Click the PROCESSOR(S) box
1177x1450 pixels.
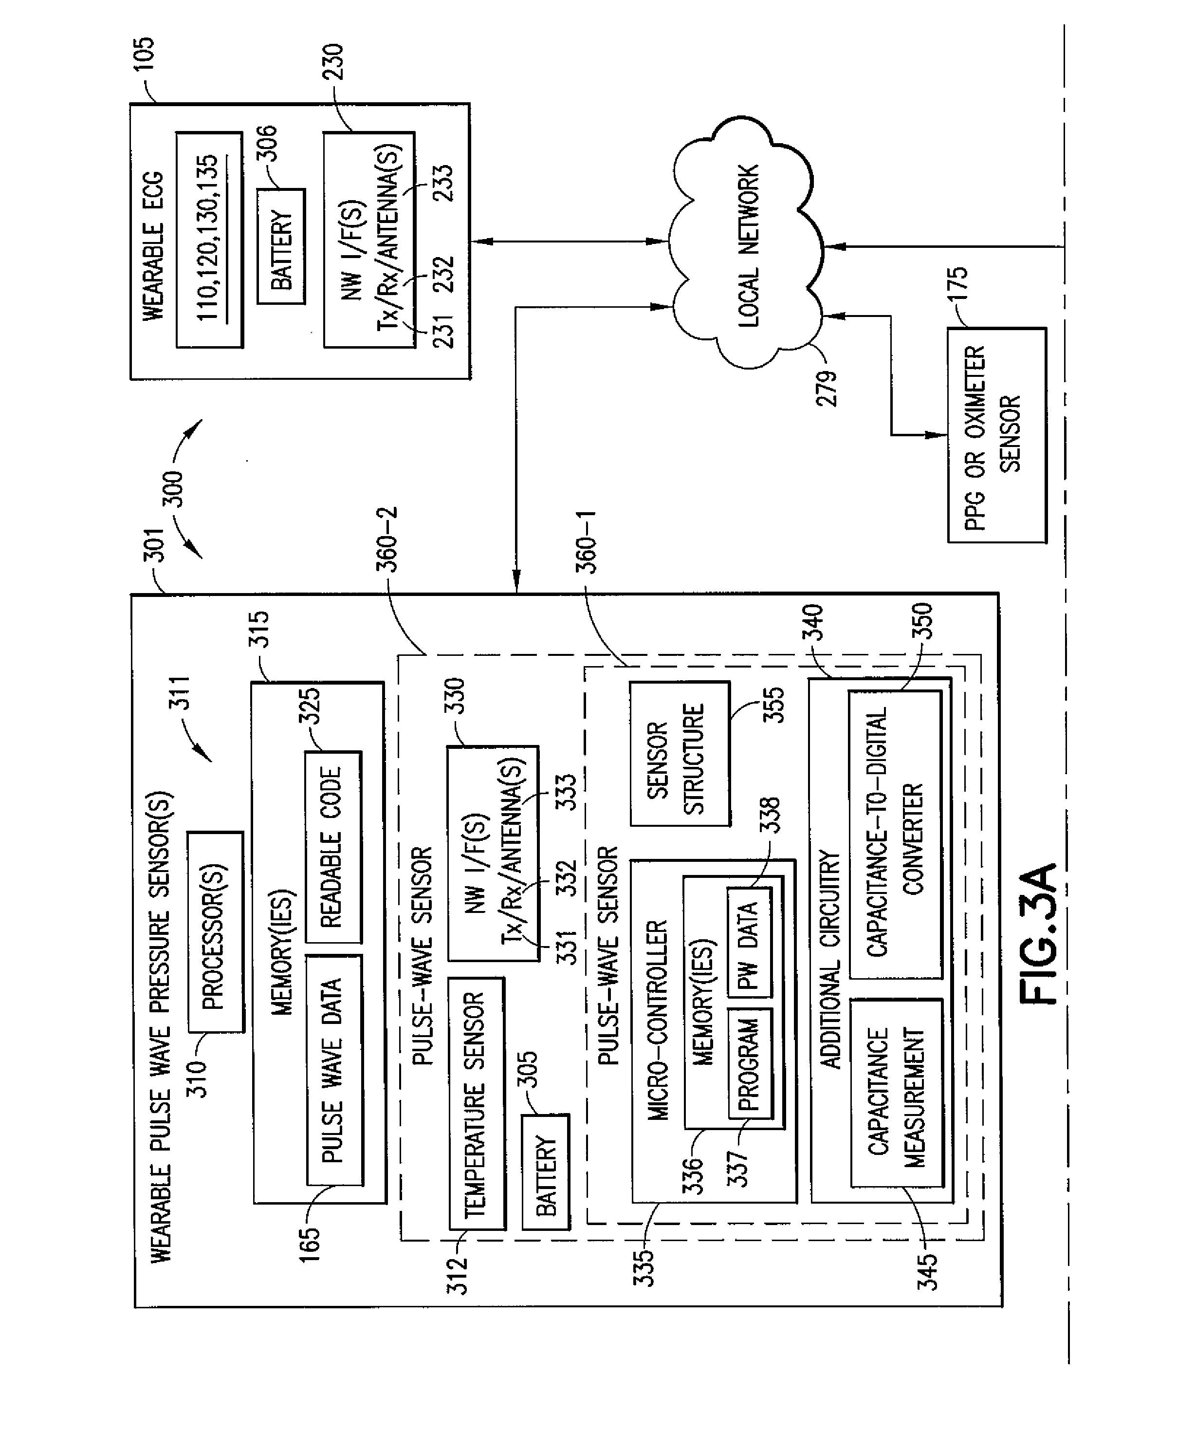point(215,932)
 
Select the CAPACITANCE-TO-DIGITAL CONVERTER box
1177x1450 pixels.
point(895,834)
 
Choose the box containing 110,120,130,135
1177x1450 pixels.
point(209,240)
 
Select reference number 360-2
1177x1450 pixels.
point(388,539)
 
